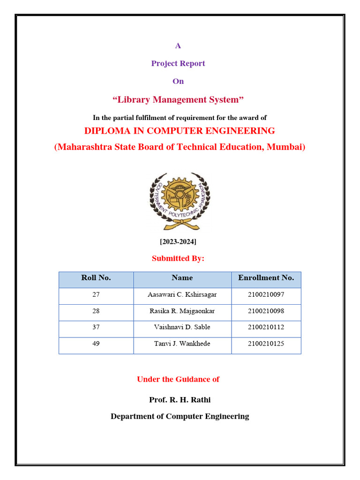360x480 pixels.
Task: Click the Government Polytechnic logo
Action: click(x=180, y=201)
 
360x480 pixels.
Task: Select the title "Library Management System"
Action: click(x=178, y=99)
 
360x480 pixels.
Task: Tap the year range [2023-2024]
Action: click(x=178, y=241)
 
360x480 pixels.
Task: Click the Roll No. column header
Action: click(x=96, y=277)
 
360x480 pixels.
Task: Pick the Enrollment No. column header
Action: click(x=266, y=277)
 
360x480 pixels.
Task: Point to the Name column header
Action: click(x=182, y=277)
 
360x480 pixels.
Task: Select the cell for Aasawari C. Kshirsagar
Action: click(x=182, y=295)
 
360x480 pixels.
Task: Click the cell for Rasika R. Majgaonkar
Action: click(x=182, y=311)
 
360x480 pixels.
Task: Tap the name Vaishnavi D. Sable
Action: click(x=182, y=327)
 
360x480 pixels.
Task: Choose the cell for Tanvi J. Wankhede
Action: click(x=182, y=344)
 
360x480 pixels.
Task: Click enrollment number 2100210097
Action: click(x=266, y=295)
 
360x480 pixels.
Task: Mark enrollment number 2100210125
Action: click(x=266, y=344)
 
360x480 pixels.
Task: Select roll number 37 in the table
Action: click(x=96, y=327)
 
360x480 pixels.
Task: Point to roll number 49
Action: click(x=96, y=344)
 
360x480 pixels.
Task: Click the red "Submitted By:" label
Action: click(x=178, y=258)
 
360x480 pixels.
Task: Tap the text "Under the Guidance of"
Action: click(x=178, y=379)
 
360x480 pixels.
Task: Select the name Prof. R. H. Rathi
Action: click(x=176, y=400)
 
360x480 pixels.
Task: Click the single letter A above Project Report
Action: click(x=178, y=45)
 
